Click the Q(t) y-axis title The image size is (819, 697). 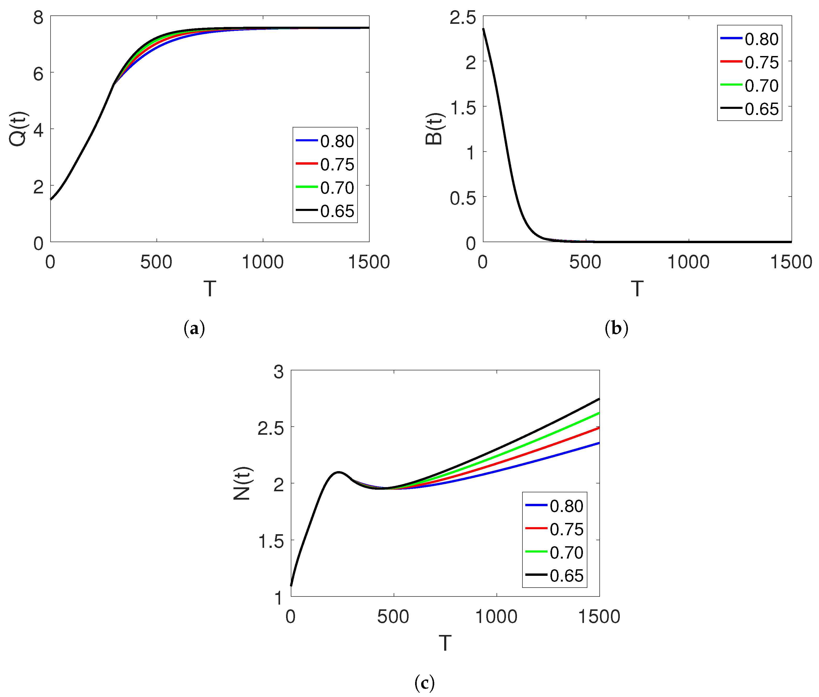18,129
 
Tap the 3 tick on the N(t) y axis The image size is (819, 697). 278,372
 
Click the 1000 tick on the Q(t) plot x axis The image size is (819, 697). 263,262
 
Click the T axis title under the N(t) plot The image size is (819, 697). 445,643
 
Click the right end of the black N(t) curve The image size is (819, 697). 599,399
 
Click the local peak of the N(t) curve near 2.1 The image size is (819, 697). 338,472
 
